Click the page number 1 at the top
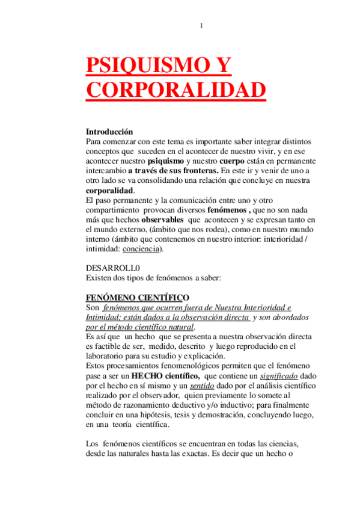point(201,25)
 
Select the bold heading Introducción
point(109,131)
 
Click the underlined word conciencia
point(139,248)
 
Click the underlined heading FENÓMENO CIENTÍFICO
point(138,297)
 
